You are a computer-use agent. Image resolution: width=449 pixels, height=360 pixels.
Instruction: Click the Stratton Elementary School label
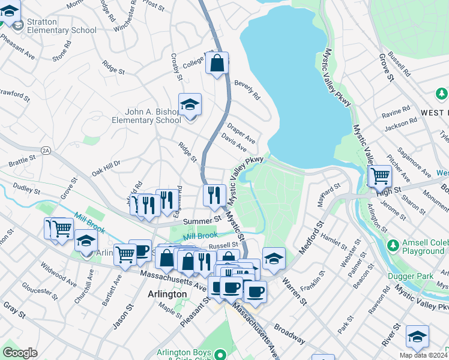(61, 26)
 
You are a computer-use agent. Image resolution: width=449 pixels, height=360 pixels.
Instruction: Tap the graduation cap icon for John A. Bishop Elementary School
(190, 104)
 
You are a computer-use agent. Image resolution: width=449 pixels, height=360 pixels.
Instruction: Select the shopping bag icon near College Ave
(217, 62)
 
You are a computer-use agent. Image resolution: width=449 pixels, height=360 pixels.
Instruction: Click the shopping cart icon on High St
(379, 175)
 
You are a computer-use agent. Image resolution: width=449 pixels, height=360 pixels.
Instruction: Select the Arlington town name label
(167, 294)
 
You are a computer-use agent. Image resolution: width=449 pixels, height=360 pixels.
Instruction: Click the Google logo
(20, 352)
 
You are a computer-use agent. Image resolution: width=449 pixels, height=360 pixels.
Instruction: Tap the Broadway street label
(289, 333)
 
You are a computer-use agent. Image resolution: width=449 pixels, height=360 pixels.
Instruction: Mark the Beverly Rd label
(247, 90)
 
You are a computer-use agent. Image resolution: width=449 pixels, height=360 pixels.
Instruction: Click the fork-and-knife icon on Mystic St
(214, 194)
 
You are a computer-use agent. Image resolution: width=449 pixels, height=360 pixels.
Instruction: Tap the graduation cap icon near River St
(417, 336)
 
